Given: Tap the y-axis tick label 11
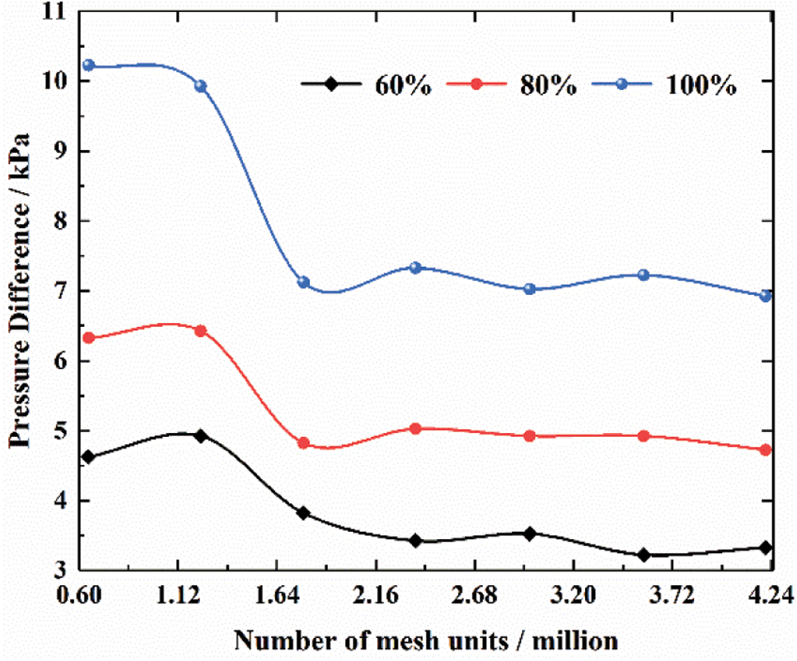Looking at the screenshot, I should pos(53,12).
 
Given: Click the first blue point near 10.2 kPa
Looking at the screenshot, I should pos(88,65).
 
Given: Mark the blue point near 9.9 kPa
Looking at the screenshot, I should pos(201,86).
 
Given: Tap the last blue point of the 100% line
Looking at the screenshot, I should pos(766,296).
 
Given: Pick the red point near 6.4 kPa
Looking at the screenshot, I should pos(201,330).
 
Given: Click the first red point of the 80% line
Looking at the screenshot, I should pos(88,338).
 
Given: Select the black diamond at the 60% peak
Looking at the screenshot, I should pos(201,435).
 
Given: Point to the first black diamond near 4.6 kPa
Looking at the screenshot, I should pos(88,457).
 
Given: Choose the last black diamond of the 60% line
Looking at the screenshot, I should pos(766,548).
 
